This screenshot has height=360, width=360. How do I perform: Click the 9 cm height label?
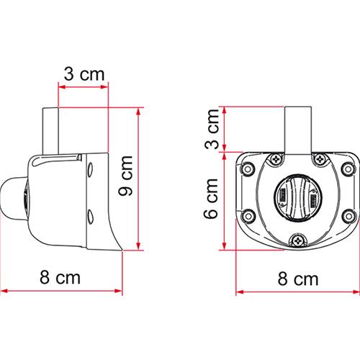[x=125, y=178]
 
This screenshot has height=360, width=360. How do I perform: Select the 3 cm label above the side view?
[x=83, y=74]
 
